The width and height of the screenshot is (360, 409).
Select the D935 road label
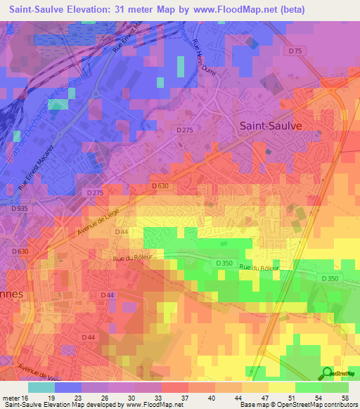[x=20, y=209]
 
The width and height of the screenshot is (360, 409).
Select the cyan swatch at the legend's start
[x=41, y=387]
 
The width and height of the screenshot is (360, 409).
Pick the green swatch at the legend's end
[x=335, y=387]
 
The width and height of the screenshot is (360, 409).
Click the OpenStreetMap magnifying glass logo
[x=328, y=374]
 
